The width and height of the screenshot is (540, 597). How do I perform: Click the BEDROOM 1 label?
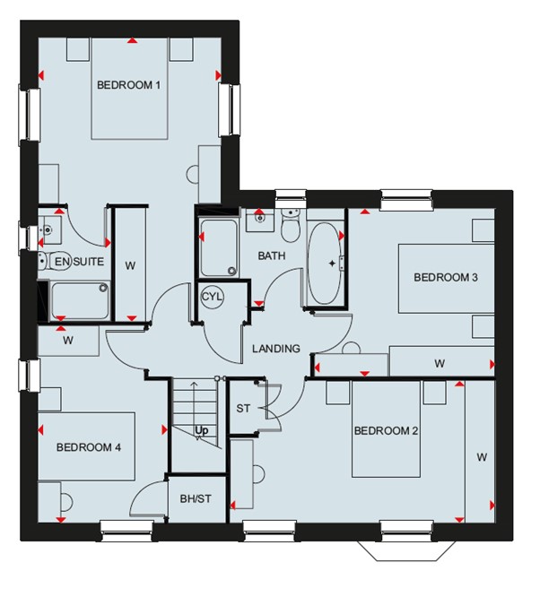(x=128, y=84)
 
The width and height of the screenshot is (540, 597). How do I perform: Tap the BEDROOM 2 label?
(x=386, y=430)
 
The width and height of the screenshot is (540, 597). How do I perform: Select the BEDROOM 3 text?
(x=446, y=277)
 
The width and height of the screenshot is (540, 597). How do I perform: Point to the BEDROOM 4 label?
(x=89, y=447)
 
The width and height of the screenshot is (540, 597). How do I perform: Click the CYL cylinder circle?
(x=213, y=297)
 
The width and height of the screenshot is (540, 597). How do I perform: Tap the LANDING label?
(x=276, y=349)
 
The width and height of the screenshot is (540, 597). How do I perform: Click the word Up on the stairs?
(x=202, y=430)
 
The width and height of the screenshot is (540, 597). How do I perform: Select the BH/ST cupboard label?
(x=196, y=498)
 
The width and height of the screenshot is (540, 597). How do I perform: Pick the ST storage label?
(x=243, y=409)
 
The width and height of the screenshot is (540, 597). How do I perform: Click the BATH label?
(x=271, y=255)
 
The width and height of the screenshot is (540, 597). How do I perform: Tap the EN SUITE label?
(x=79, y=262)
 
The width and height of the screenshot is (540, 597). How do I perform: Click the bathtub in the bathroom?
(x=325, y=263)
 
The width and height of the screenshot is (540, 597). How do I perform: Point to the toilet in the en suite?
(x=54, y=261)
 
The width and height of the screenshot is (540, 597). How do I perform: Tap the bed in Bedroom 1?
(x=130, y=89)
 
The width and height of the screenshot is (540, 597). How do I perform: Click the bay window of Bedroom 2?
(x=406, y=550)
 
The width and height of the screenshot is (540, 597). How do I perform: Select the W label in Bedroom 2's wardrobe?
(x=482, y=457)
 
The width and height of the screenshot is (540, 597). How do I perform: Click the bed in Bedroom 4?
(x=86, y=446)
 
